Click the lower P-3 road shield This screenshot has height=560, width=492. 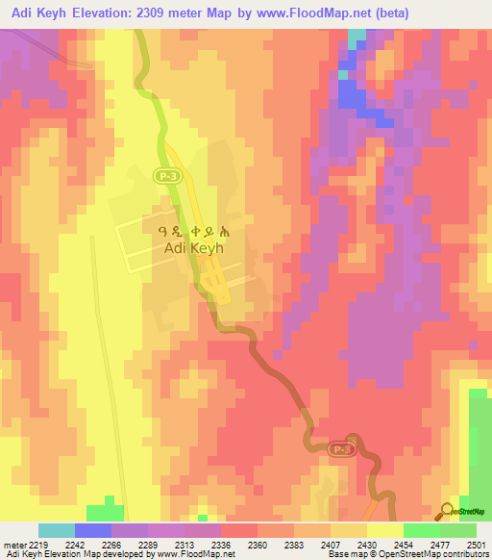340,448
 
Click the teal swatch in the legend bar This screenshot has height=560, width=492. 56,530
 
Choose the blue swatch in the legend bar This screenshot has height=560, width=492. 92,530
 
